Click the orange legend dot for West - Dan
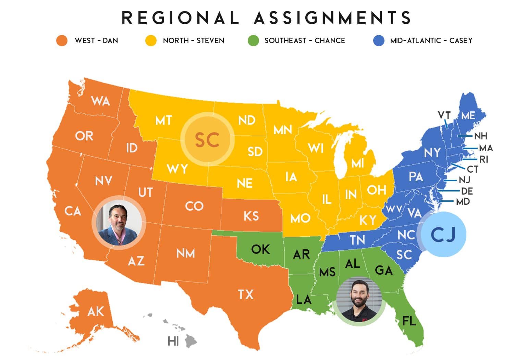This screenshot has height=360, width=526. coord(62,40)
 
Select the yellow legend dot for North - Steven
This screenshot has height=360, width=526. coord(151,40)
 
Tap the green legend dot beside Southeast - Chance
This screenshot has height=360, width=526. coord(253,40)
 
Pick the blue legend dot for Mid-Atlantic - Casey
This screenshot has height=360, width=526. coord(379,40)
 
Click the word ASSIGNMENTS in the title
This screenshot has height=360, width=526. coord(332,18)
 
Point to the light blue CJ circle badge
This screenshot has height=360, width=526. coord(443,235)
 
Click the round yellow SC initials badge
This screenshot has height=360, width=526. coord(207,140)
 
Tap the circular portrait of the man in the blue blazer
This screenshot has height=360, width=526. coord(119,223)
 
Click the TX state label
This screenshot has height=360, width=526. coord(246,294)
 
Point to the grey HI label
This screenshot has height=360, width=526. coord(173,341)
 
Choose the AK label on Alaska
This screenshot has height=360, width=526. coord(96,311)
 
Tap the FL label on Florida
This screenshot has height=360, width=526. coord(409,321)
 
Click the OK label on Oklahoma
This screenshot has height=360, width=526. coord(260,249)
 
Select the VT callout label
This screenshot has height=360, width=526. coord(444,115)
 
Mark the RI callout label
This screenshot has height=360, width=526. coord(484,159)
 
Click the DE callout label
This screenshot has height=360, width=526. coord(467,191)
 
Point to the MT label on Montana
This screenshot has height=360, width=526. coord(163,120)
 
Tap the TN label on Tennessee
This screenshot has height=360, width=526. coord(357,240)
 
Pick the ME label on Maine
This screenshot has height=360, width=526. coord(468,115)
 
